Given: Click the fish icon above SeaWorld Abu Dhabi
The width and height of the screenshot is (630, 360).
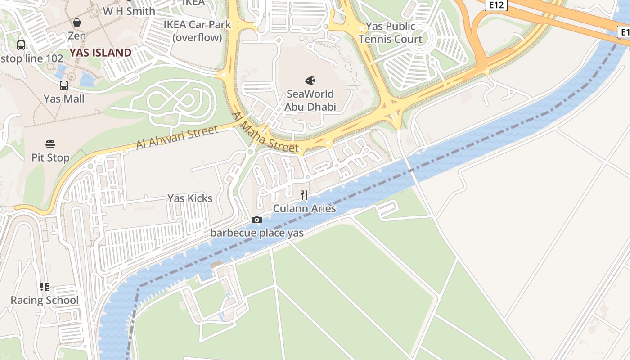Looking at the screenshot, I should pos(310,81).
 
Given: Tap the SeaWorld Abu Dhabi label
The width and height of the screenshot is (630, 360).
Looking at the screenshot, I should pos(310,100).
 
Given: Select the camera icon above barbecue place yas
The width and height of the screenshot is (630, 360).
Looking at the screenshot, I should pos(257,220).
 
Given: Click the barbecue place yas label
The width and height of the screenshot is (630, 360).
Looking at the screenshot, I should pos(257,233).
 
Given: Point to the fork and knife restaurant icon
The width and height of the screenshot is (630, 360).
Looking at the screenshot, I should pos(305,195).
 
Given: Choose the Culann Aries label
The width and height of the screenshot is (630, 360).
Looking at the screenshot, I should pos(305,209).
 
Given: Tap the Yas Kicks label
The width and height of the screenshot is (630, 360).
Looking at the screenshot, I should pos(190,198).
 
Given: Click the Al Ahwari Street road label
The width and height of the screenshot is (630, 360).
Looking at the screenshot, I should pos(177,137).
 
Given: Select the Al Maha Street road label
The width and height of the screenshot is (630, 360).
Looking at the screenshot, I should pos(265,132).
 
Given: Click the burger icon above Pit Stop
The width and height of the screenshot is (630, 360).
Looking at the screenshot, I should pos(50,144).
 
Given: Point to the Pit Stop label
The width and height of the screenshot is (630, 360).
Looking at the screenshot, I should pos(50,158).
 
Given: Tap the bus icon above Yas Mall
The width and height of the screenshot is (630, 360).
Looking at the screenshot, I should pos(64,85).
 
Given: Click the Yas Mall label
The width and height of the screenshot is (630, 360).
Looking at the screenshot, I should pos(64,99).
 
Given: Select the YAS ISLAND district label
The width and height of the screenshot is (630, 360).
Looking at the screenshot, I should pos(100,53).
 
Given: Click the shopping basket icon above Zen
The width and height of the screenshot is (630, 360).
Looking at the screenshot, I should pos(77,22).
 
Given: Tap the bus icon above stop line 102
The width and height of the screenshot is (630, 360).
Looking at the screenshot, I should pos(21,45).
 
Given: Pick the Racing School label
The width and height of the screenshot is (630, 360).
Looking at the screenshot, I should pos(45,300).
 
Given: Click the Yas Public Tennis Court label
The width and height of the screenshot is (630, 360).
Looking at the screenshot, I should pos(391,32).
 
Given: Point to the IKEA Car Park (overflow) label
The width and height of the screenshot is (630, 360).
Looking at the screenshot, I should pos(197,31).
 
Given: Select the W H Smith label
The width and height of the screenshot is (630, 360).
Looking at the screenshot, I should pos(129,11).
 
